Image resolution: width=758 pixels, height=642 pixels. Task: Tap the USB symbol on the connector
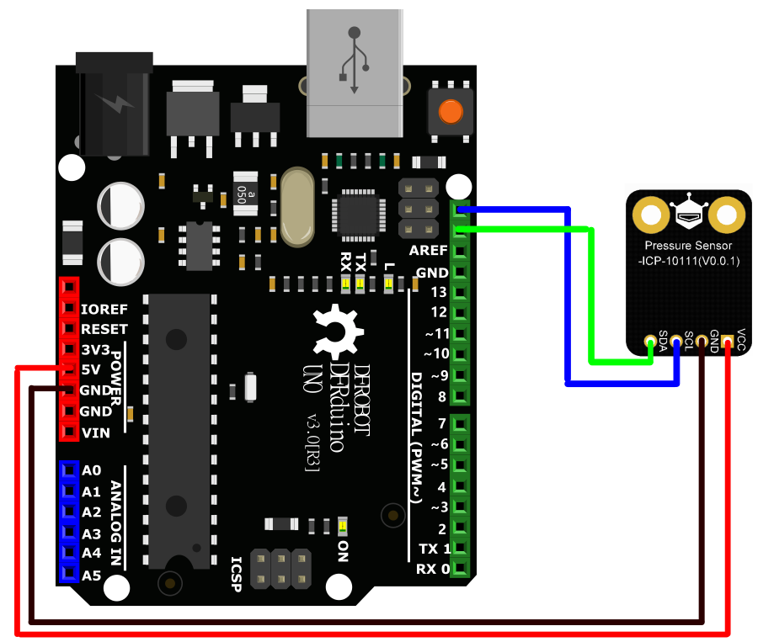[354, 59]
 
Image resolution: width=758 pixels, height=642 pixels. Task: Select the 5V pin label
[91, 369]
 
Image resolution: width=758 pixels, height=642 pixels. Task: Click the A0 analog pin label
[92, 471]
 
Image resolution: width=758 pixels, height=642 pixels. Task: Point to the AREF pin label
[428, 252]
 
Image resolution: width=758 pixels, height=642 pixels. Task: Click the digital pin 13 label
[437, 293]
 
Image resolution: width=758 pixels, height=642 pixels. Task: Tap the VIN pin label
[95, 433]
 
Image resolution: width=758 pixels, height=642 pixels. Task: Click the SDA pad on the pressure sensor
[649, 342]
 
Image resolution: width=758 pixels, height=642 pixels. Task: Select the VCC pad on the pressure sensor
[729, 342]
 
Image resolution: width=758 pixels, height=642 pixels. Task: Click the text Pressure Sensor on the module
[686, 245]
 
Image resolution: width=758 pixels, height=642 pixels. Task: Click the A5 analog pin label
[92, 576]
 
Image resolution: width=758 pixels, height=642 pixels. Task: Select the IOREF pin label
[104, 309]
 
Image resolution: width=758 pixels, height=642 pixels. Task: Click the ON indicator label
[343, 551]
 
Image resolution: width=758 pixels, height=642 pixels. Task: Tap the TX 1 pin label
[433, 549]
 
